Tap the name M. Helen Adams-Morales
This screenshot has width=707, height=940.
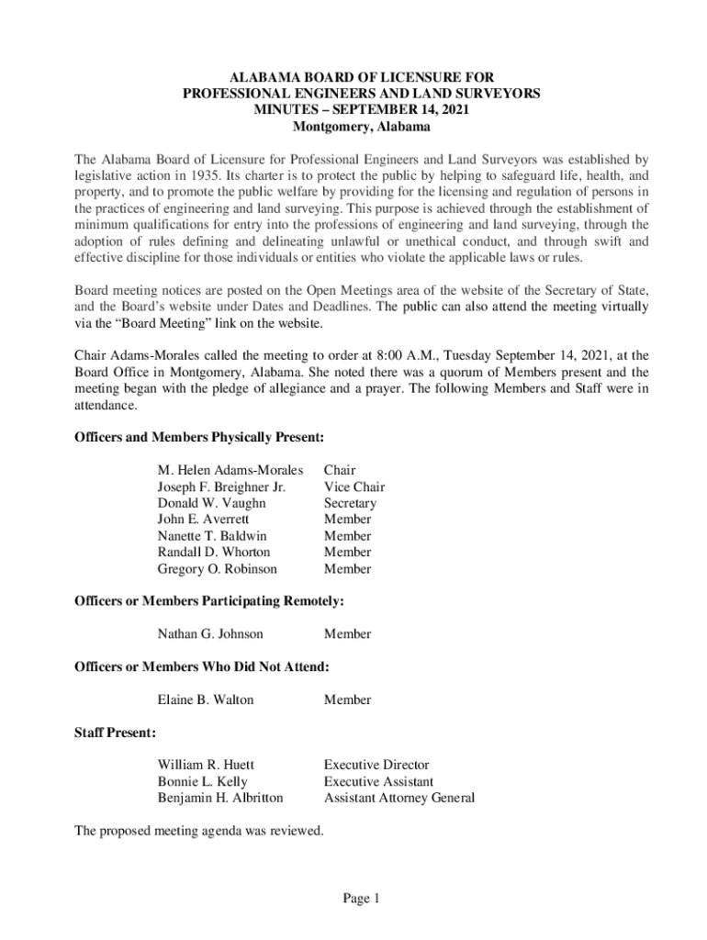(x=230, y=471)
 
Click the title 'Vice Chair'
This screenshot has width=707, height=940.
(x=354, y=487)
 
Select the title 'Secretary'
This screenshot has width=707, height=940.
(x=350, y=504)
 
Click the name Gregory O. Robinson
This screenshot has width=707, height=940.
(x=218, y=569)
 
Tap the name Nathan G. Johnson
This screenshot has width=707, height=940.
(x=210, y=634)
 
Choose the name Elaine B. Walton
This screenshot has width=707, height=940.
(x=206, y=700)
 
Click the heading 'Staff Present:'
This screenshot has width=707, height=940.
(x=115, y=733)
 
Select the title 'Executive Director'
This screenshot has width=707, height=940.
(x=376, y=765)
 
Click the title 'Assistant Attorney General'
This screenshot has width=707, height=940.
(x=399, y=798)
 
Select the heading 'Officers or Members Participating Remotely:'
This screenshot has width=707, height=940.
(x=209, y=601)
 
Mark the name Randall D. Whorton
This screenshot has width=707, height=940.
(x=213, y=553)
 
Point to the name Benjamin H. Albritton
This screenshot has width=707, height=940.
(x=220, y=798)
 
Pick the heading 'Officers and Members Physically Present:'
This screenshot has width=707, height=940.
(x=199, y=438)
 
